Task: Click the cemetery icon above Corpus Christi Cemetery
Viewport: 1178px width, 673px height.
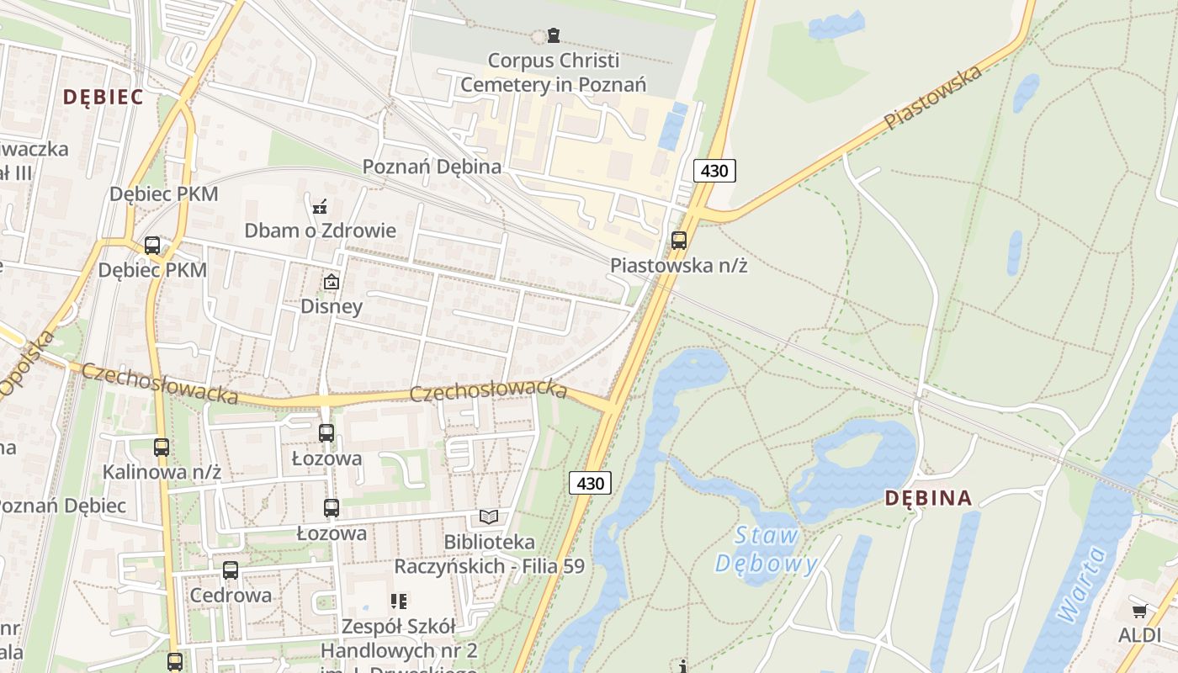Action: tap(553, 35)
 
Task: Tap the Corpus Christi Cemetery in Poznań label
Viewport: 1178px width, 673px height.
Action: tap(553, 72)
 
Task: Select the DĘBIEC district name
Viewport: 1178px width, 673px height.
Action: tap(103, 97)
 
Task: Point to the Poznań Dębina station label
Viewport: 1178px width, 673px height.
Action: tap(432, 167)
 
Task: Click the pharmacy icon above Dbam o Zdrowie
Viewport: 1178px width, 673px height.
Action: tap(320, 206)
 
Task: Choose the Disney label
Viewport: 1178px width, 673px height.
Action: tap(332, 305)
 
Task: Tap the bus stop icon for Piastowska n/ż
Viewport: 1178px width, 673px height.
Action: tap(679, 240)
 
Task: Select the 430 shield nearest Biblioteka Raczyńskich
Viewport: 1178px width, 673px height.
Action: tap(590, 483)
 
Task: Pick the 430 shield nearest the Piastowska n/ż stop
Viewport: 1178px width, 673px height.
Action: tap(714, 171)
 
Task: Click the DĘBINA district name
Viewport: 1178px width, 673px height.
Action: tap(928, 498)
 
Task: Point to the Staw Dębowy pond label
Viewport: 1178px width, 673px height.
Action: tap(767, 549)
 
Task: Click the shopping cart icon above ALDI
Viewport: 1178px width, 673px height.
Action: tap(1139, 612)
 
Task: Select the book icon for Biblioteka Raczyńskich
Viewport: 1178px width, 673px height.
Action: tap(489, 517)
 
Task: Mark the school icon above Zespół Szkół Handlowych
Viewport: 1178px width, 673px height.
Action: tap(399, 601)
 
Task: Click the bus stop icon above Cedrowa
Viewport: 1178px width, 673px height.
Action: tap(231, 570)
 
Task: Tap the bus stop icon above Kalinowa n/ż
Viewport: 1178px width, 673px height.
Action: tap(162, 447)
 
